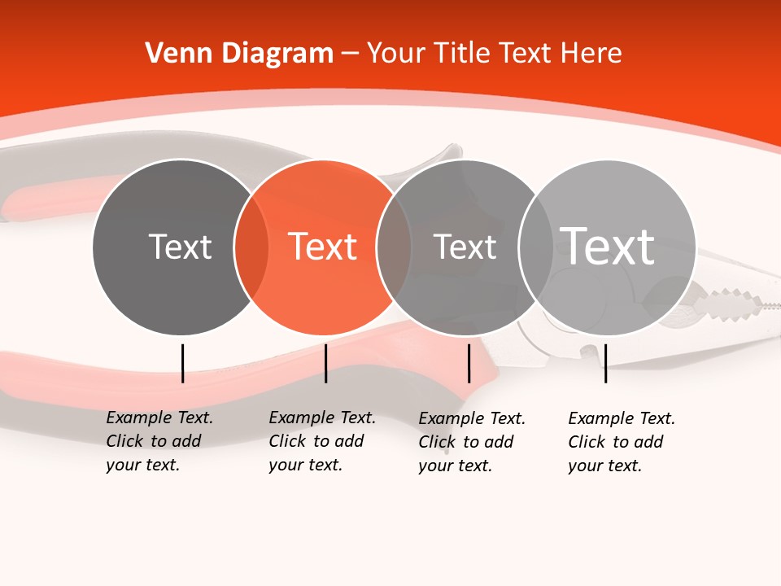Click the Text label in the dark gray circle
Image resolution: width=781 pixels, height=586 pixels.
tap(180, 247)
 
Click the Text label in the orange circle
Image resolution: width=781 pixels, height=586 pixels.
tap(323, 247)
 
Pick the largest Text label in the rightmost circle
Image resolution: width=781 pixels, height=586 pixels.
tap(608, 246)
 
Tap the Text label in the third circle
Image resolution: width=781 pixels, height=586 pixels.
tap(465, 247)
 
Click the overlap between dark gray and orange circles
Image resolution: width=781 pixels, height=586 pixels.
tap(251, 247)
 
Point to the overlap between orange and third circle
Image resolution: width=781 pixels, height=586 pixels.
tap(394, 247)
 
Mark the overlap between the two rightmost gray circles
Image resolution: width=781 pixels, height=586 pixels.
tap(536, 247)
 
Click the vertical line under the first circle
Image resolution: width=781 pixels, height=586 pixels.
tap(183, 363)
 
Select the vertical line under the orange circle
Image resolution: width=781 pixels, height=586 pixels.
tap(325, 363)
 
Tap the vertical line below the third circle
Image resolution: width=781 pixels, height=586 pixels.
tap(469, 363)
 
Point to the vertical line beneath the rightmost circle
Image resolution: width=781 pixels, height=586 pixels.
tap(605, 363)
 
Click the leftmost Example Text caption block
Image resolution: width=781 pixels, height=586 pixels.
tap(159, 441)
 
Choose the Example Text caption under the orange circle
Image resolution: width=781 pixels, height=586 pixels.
tap(321, 441)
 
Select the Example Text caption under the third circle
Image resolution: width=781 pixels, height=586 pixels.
tap(471, 442)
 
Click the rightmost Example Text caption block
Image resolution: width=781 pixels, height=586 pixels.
tap(621, 442)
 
